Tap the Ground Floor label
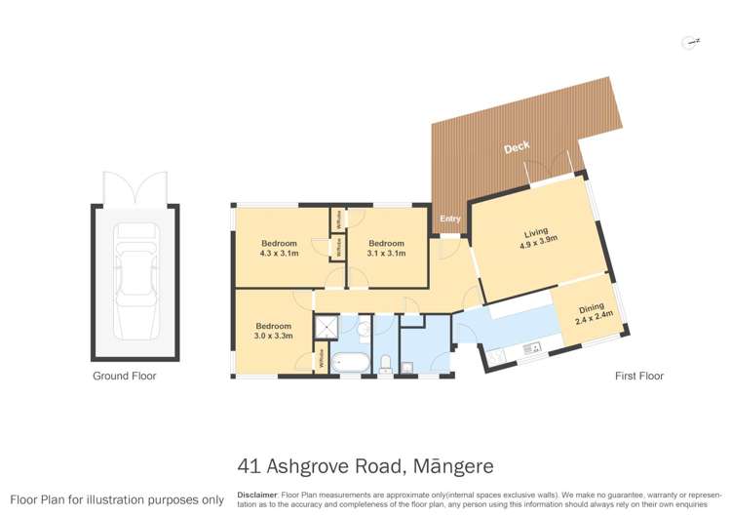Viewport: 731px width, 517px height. coord(124,376)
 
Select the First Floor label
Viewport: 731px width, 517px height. coord(639,376)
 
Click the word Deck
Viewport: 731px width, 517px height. coord(517,148)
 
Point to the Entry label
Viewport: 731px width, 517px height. coord(449,219)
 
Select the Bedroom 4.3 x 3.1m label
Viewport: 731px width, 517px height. coord(279,248)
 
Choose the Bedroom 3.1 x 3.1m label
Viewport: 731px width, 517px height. coord(386,248)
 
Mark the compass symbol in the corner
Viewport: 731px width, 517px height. coord(692,42)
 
